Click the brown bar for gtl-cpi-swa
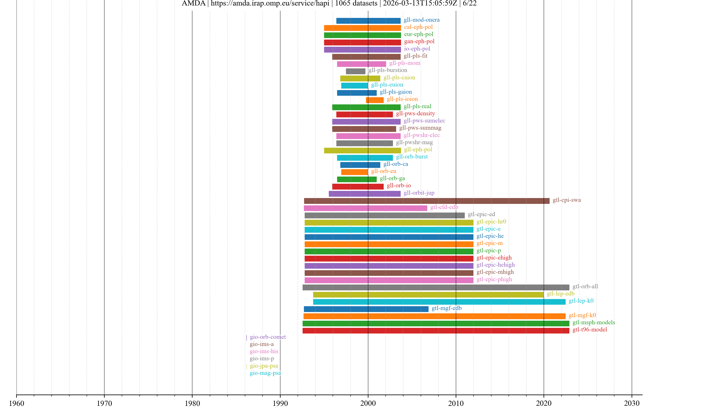pyautogui.click(x=426, y=201)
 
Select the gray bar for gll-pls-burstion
pyautogui.click(x=356, y=71)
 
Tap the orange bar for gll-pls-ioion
pyautogui.click(x=375, y=100)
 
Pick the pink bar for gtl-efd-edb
pyautogui.click(x=365, y=208)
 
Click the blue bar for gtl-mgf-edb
pyautogui.click(x=366, y=309)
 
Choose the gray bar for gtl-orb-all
pyautogui.click(x=436, y=287)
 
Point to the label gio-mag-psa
pyautogui.click(x=265, y=373)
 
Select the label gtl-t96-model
pyautogui.click(x=590, y=330)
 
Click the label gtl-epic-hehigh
pyautogui.click(x=495, y=265)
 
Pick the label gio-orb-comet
pyautogui.click(x=268, y=337)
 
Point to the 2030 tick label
pyautogui.click(x=632, y=403)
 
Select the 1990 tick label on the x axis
pyautogui.click(x=280, y=403)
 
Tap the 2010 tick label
pyautogui.click(x=456, y=403)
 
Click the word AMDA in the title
pyautogui.click(x=193, y=3)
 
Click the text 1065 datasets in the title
pyautogui.click(x=356, y=3)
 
